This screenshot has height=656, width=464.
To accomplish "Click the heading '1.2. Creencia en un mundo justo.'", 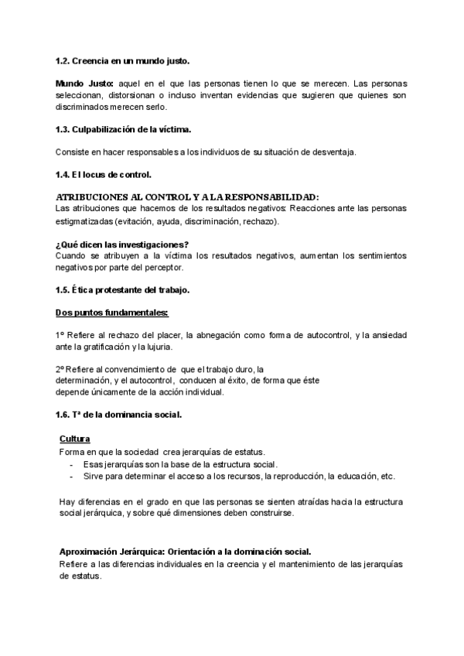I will pos(122,60).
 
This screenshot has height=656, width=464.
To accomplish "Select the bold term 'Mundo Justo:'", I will pos(84,83).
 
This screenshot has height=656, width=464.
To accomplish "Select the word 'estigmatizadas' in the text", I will pos(84,221).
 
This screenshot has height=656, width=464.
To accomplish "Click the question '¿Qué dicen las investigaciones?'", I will pos(122,244).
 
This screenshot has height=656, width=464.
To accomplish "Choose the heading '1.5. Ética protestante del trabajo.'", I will pos(124,290).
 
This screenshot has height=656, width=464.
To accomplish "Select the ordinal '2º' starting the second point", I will pos(60,368).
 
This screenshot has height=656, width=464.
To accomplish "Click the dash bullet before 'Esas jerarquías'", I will pos(73,463).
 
